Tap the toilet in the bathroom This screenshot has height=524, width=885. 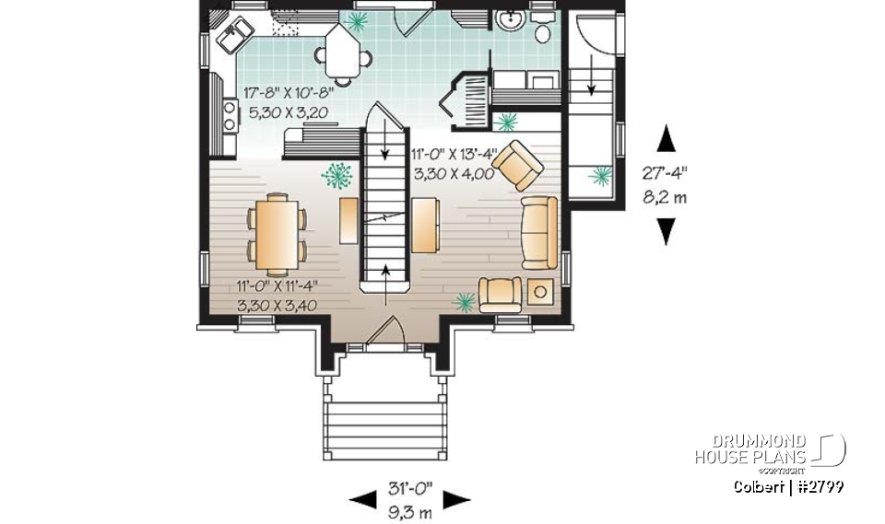coord(543,30)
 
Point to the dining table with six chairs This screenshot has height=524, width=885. coord(277,234)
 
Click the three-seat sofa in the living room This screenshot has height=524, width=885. coord(539,231)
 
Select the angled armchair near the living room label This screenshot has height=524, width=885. coord(517,164)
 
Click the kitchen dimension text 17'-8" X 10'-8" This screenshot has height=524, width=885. coord(288,92)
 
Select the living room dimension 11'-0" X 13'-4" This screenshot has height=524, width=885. coord(454,154)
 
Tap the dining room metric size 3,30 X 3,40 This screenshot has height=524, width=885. coord(277,304)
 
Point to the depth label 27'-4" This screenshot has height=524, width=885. coord(665,172)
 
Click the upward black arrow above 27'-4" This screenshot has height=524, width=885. coord(666,139)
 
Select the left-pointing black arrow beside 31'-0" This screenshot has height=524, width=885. coord(363,500)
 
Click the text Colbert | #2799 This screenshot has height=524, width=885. coord(788,486)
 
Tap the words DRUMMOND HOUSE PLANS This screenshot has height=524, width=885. coord(750,449)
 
